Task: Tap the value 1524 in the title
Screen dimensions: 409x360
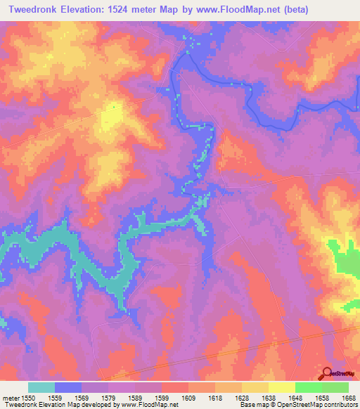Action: [126, 9]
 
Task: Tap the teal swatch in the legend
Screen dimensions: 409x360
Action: [41, 387]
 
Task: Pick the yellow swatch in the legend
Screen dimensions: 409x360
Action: [282, 387]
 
